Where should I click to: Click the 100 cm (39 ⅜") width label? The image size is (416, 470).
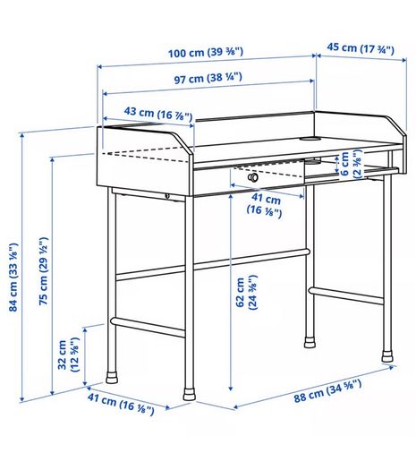click(x=206, y=53)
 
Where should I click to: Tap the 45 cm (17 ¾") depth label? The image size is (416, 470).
click(x=361, y=48)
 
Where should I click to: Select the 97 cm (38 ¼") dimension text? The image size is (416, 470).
click(x=208, y=78)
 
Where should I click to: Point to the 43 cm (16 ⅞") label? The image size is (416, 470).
click(x=158, y=113)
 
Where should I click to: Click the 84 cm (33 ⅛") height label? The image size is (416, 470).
click(x=13, y=278)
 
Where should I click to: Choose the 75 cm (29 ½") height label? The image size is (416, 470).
click(x=44, y=271)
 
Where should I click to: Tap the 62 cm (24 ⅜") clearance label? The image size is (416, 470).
click(x=247, y=292)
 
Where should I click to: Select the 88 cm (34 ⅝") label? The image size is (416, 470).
click(x=327, y=391)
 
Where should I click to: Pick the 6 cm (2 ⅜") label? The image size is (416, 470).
click(x=351, y=164)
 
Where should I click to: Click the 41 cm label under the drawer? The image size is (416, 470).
click(x=264, y=204)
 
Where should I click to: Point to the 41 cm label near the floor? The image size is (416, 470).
click(x=121, y=404)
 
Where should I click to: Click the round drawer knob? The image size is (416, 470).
click(x=253, y=177)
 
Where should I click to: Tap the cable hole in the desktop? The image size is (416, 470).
click(x=310, y=139)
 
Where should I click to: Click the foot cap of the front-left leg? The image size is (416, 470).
click(x=190, y=394)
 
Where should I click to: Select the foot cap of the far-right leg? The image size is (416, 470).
click(x=387, y=356)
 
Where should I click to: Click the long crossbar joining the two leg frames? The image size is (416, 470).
click(x=212, y=264)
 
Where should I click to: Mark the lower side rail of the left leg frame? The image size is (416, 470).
click(x=148, y=327)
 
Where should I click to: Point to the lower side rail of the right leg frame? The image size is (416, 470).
click(x=346, y=295)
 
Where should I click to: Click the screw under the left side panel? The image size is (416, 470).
click(x=167, y=196)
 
